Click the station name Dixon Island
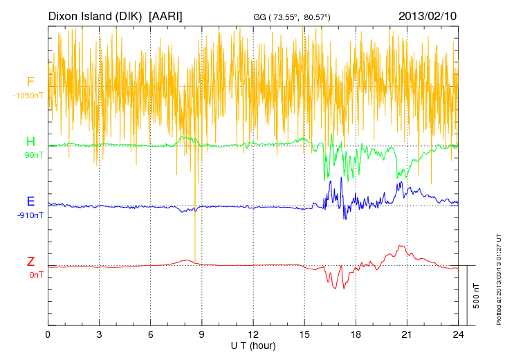[82, 15]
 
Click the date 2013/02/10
[428, 15]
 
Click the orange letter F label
[30, 82]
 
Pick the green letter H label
[30, 143]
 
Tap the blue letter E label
[30, 202]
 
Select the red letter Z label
[30, 262]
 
